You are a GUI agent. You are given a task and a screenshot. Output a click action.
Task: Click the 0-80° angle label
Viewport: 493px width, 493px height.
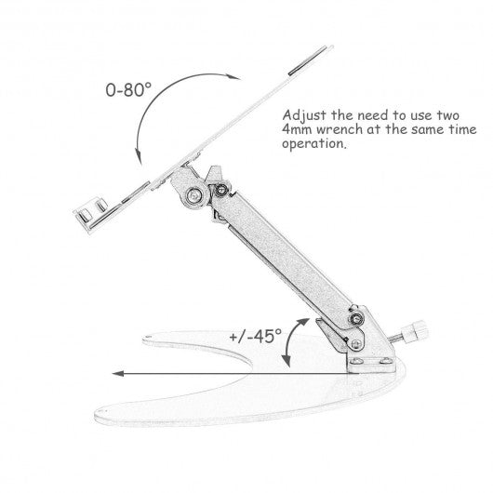[128, 89]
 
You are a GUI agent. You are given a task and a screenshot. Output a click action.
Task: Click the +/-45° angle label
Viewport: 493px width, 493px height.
[255, 336]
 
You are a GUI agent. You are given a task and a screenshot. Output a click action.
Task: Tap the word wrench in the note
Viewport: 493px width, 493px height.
[339, 129]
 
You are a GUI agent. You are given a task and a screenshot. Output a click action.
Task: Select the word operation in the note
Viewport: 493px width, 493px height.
[314, 144]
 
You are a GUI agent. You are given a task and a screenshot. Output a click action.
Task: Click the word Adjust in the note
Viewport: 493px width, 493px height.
[304, 115]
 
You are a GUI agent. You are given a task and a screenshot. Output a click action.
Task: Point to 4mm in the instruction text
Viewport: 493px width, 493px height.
[297, 129]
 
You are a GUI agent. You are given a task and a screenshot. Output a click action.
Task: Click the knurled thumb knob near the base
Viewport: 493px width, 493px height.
[414, 333]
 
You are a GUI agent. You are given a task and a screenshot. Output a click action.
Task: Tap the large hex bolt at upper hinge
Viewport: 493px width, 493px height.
[194, 195]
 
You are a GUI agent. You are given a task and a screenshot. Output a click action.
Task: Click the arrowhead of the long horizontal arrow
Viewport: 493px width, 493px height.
[118, 374]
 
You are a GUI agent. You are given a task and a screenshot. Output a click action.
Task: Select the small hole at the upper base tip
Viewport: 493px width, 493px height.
[148, 337]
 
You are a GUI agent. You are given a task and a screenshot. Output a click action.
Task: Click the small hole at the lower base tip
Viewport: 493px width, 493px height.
[104, 411]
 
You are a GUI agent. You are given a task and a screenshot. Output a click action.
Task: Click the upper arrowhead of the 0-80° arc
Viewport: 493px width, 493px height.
[233, 77]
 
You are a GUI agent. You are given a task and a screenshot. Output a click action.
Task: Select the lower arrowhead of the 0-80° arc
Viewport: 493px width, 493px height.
[139, 156]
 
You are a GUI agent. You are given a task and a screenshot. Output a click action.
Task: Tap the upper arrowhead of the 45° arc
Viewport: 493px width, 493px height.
[304, 322]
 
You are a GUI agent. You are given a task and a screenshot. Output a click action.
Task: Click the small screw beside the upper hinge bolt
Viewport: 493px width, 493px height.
[221, 189]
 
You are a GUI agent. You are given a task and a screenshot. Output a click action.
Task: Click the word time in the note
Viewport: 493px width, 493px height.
[463, 129]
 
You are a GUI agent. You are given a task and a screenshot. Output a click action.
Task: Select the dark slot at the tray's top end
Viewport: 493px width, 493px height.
[308, 60]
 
